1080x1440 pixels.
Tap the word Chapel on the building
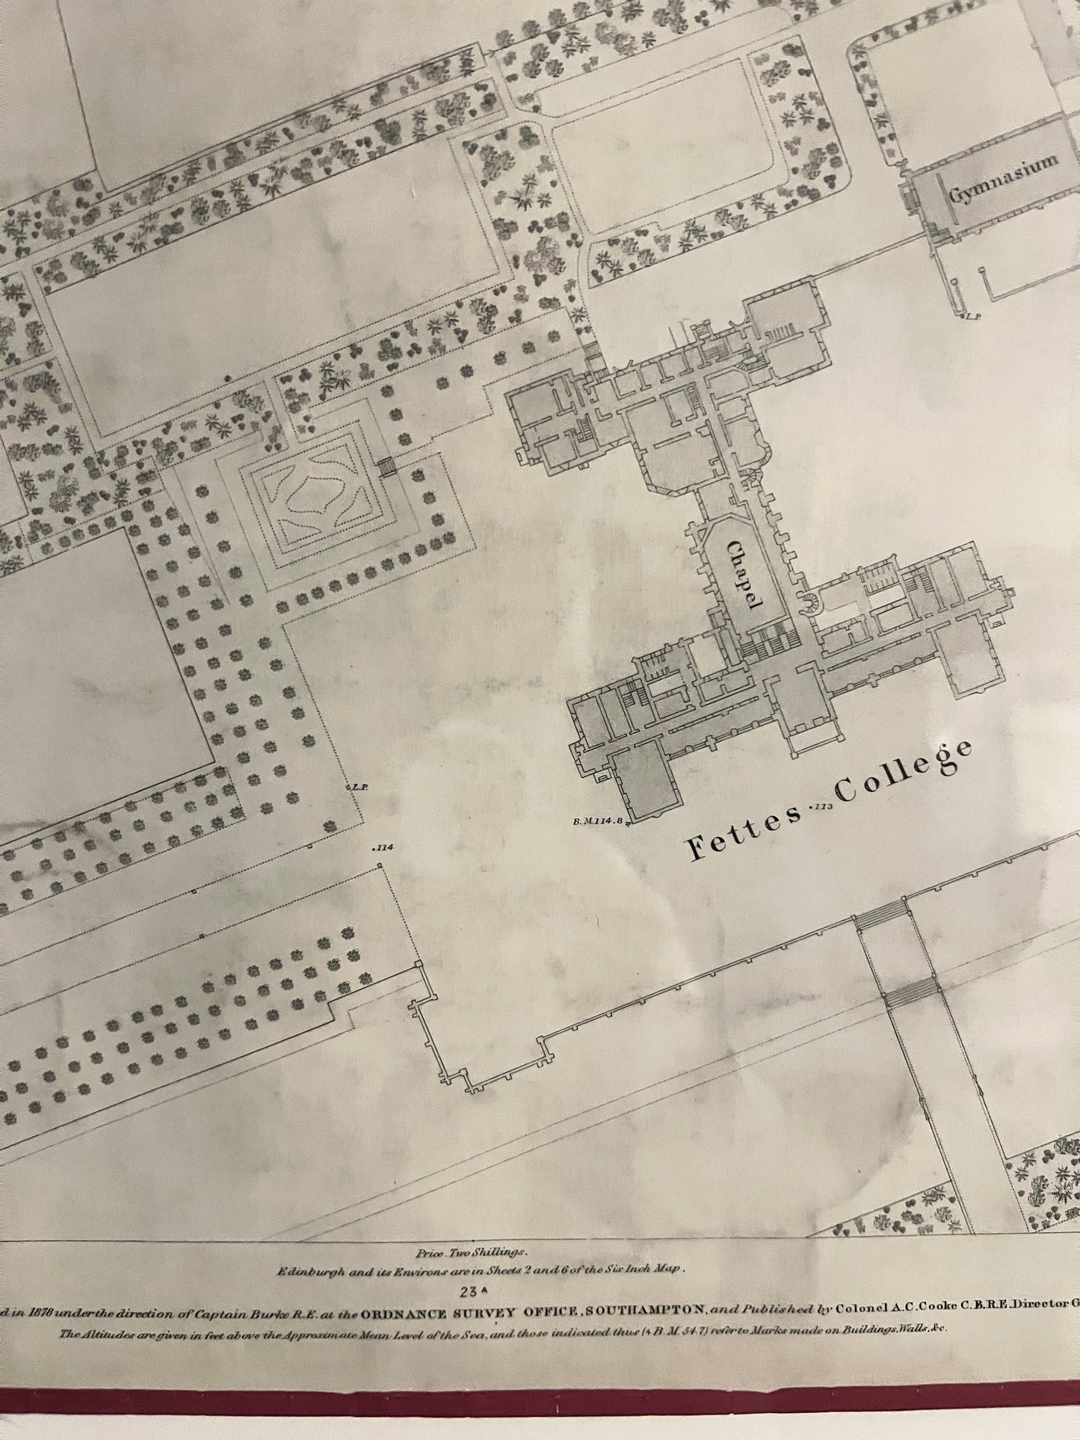[x=743, y=577]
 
